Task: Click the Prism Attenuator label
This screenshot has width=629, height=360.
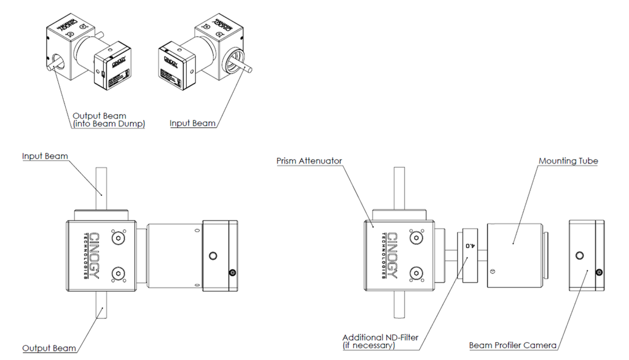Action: tap(310, 161)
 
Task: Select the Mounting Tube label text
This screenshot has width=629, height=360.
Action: tap(568, 161)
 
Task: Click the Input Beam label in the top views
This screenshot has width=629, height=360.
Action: tap(192, 123)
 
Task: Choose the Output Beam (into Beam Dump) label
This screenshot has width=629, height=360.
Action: tap(108, 120)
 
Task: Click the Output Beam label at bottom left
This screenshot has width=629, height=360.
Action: tap(49, 348)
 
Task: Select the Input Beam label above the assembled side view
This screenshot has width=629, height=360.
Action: tap(45, 156)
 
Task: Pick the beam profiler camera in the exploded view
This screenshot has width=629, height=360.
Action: tap(586, 254)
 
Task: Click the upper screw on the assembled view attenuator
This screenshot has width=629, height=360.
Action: tap(117, 237)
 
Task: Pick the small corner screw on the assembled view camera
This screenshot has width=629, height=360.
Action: tap(232, 273)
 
